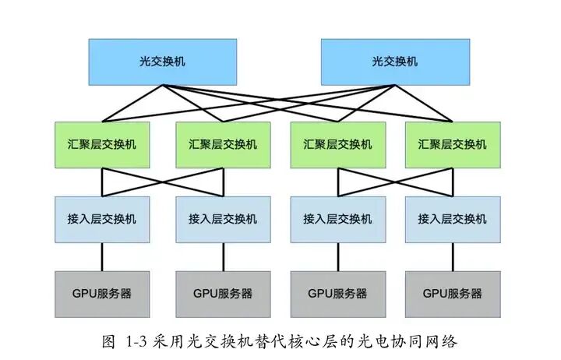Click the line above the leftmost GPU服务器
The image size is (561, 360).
coord(103,256)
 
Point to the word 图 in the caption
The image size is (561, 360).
coord(109,341)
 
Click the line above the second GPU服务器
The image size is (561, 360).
coord(224,256)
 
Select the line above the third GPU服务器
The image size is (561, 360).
coord(338,256)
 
